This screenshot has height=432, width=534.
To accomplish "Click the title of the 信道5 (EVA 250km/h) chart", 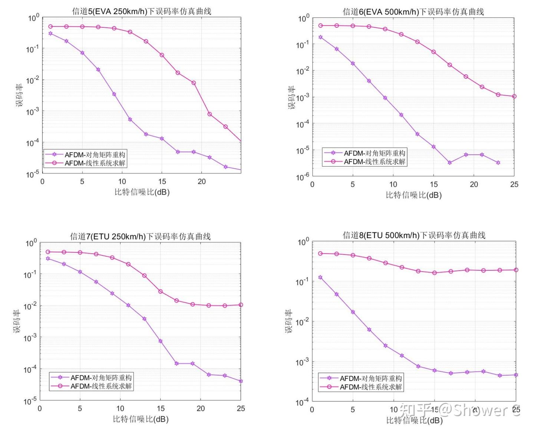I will pyautogui.click(x=141, y=11).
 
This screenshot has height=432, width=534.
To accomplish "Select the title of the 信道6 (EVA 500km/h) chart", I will pyautogui.click(x=413, y=12).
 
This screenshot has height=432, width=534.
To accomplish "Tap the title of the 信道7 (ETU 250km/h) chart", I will pyautogui.click(x=140, y=236).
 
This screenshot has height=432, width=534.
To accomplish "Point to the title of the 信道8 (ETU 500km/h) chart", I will pyautogui.click(x=414, y=235).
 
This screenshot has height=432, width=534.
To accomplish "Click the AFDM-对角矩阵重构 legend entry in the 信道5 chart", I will pyautogui.click(x=95, y=155).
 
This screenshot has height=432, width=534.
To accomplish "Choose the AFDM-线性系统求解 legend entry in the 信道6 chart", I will pyautogui.click(x=374, y=162).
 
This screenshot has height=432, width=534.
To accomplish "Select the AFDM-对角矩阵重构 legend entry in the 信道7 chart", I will pyautogui.click(x=101, y=378).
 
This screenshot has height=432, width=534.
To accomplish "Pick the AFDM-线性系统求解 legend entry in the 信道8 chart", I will pyautogui.click(x=370, y=387).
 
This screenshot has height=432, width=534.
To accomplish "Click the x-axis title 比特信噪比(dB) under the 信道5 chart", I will pyautogui.click(x=142, y=192).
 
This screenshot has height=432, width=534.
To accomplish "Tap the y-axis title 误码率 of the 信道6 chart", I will pyautogui.click(x=292, y=97).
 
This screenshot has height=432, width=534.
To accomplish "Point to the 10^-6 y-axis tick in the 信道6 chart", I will pyautogui.click(x=303, y=177).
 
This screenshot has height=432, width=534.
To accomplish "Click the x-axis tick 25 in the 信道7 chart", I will pyautogui.click(x=241, y=408).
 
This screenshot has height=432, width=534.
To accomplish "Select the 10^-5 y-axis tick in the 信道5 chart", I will pyautogui.click(x=33, y=174).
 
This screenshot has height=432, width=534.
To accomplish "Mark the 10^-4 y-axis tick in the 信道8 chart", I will pyautogui.click(x=302, y=402).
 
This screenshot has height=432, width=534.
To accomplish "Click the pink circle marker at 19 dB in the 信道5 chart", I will pyautogui.click(x=194, y=83).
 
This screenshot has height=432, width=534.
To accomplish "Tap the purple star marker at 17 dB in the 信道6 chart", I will pyautogui.click(x=449, y=163).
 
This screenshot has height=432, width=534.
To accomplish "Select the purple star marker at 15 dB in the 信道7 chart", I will pyautogui.click(x=161, y=341).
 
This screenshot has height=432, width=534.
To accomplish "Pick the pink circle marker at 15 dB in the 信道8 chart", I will pyautogui.click(x=435, y=273).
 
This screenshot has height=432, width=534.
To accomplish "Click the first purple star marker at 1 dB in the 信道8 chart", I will pyautogui.click(x=320, y=277).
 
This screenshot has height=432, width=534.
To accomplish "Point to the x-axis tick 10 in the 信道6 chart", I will pyautogui.click(x=393, y=184).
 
